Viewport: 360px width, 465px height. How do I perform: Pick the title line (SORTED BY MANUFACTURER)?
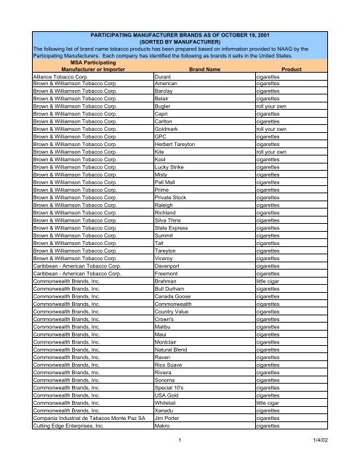tap(180, 42)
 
